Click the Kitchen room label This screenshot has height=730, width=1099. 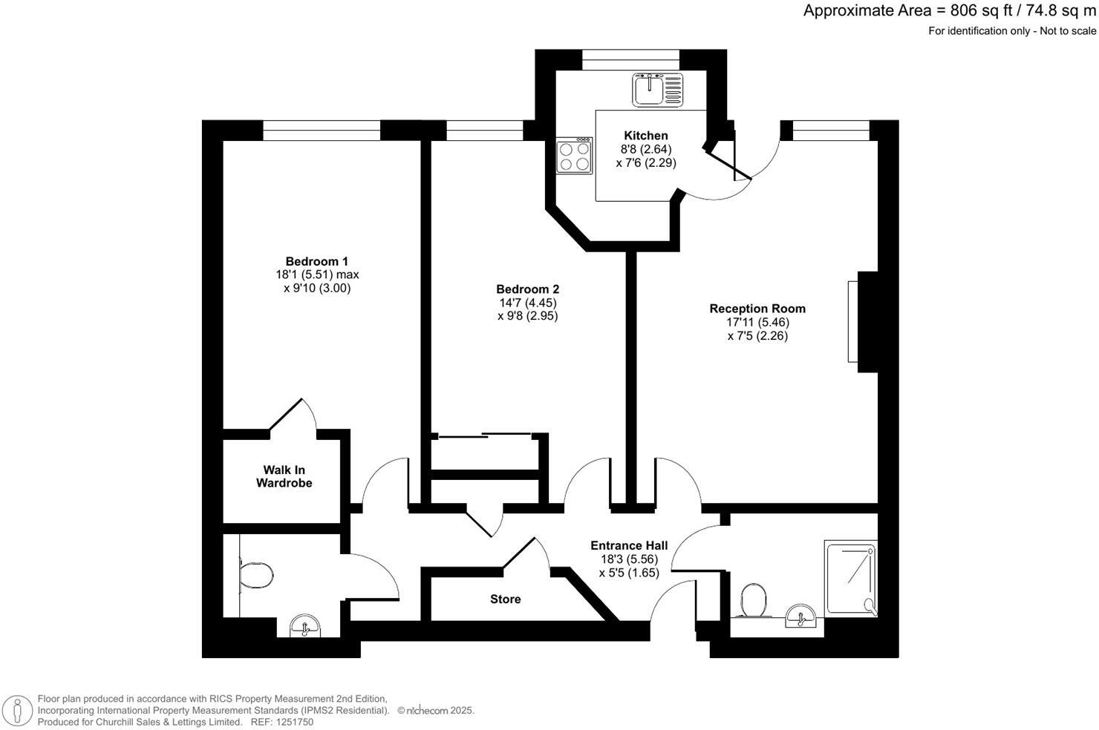645,136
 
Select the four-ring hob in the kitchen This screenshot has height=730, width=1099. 575,156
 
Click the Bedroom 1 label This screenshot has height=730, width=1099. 316,261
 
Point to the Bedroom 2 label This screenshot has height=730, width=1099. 527,289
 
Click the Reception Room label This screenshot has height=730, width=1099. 757,309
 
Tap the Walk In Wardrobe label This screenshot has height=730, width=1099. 284,476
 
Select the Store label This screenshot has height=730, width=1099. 505,599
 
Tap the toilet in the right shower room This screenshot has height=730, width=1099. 753,599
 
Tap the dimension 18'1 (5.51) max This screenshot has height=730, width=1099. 316,274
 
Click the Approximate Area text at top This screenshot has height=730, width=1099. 949,10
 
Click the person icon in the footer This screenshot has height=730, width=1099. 16,710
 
